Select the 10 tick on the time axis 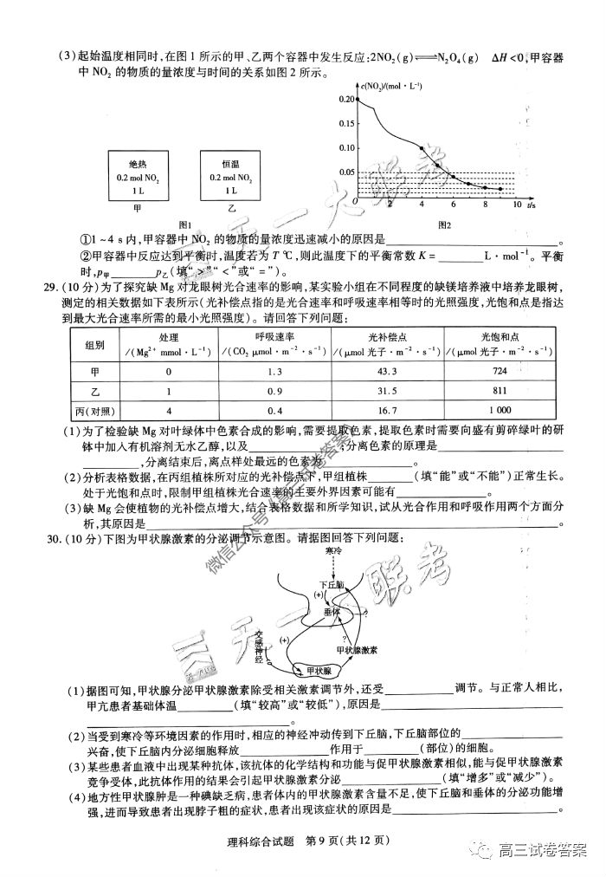[517, 205]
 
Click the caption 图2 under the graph [444, 225]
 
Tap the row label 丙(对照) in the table [94, 411]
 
